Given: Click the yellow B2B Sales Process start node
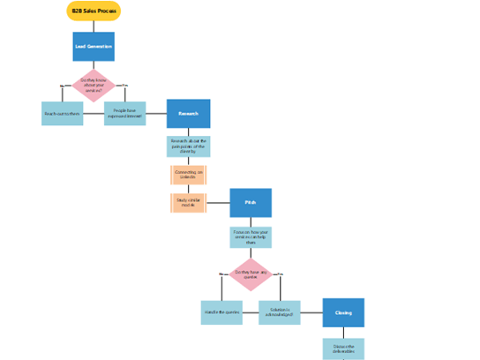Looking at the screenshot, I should pyautogui.click(x=94, y=11).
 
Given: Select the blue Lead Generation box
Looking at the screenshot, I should pyautogui.click(x=94, y=46).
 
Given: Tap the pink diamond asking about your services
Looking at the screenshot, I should pyautogui.click(x=94, y=86).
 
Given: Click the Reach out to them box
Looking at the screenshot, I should pyautogui.click(x=63, y=113).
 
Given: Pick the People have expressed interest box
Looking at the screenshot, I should pyautogui.click(x=124, y=113).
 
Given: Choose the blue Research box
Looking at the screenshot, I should pyautogui.click(x=188, y=113).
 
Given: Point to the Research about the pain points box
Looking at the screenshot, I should pyautogui.click(x=188, y=146).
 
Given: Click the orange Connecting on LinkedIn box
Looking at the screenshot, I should pyautogui.click(x=188, y=174).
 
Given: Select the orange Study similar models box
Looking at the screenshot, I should pyautogui.click(x=188, y=203).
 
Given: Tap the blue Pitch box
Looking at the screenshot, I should pyautogui.click(x=251, y=203).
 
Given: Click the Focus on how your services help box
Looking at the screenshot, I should pyautogui.click(x=251, y=236).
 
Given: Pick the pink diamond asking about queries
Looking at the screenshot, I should pyautogui.click(x=251, y=275).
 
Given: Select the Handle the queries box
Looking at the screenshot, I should pyautogui.click(x=221, y=312).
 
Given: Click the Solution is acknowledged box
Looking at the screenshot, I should pyautogui.click(x=280, y=312).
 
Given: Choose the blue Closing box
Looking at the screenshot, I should pyautogui.click(x=343, y=312).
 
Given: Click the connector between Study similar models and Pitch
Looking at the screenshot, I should pyautogui.click(x=218, y=203).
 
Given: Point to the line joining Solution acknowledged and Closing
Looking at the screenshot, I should pyautogui.click(x=311, y=312).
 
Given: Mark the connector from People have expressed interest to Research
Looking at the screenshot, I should pyautogui.click(x=156, y=113).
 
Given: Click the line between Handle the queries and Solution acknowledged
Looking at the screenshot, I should pyautogui.click(x=251, y=312).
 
